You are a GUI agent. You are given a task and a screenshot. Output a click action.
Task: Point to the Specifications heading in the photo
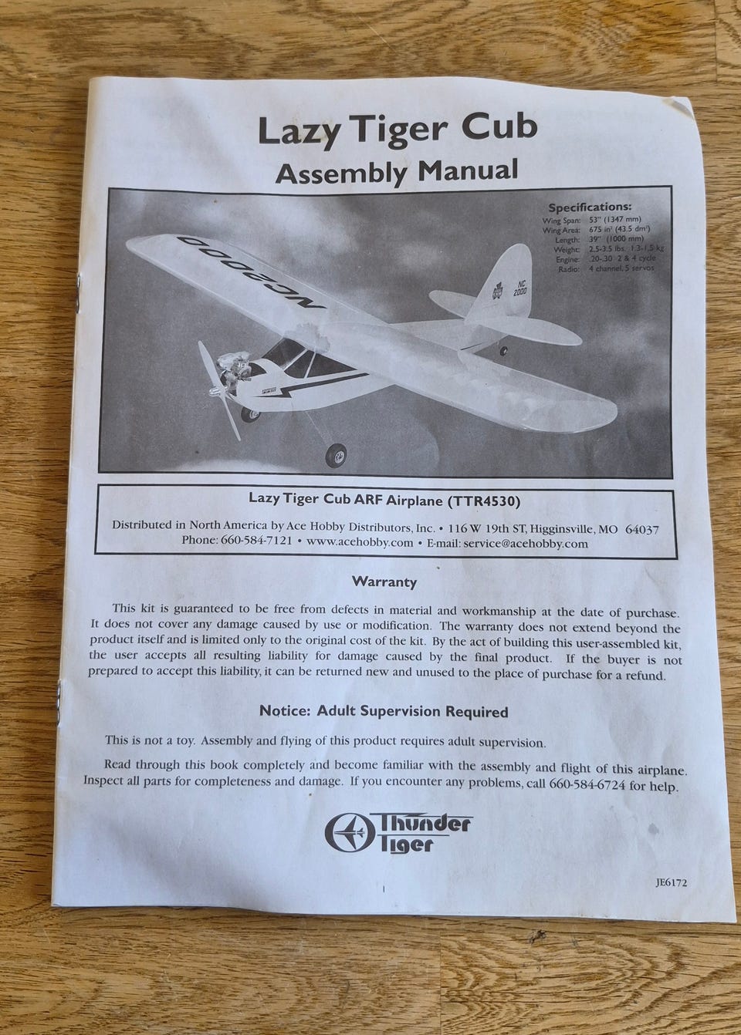pos(589,207)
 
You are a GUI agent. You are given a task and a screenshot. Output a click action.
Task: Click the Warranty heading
pos(384,582)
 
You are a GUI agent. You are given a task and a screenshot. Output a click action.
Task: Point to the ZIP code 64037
pos(641,530)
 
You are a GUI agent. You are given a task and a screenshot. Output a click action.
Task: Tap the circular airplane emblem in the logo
pos(343,832)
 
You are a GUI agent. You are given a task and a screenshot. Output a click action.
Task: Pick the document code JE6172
pos(668,884)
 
